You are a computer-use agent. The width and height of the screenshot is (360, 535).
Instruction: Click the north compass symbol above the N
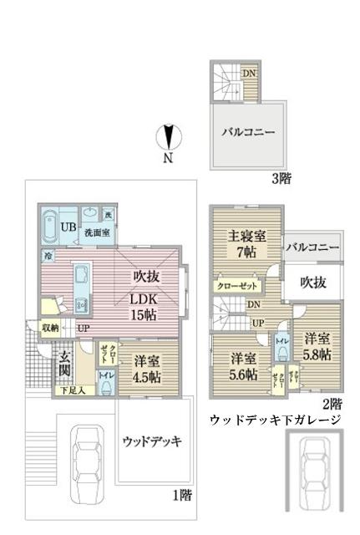pyautogui.click(x=169, y=136)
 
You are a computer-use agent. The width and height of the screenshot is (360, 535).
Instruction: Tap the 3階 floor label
pyautogui.click(x=281, y=177)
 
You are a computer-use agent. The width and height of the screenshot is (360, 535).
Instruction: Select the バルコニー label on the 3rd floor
pyautogui.click(x=247, y=132)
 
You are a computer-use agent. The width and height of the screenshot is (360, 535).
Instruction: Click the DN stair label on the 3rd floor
pyautogui.click(x=248, y=73)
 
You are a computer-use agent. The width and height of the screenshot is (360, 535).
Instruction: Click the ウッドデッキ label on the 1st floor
pyautogui.click(x=152, y=441)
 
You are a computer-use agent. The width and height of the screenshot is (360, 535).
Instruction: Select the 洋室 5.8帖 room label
pyautogui.click(x=318, y=346)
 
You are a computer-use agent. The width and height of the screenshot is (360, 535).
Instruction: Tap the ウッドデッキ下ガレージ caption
pyautogui.click(x=275, y=419)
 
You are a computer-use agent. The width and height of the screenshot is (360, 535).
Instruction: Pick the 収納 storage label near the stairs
pyautogui.click(x=51, y=329)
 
